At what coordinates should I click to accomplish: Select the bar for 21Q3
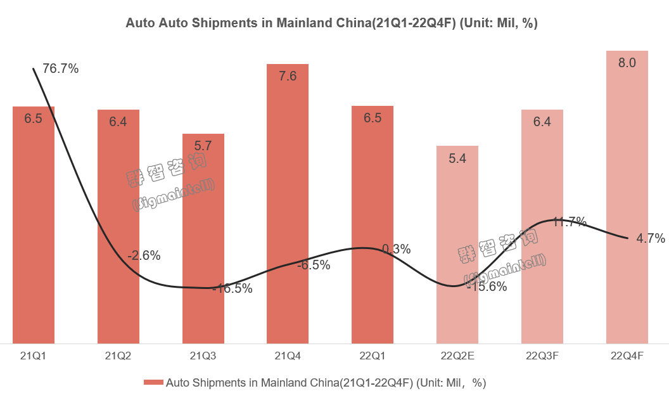(203, 241)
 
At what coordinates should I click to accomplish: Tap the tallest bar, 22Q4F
(627, 196)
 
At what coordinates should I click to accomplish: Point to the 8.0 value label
(627, 63)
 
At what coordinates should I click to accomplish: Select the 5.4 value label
(457, 158)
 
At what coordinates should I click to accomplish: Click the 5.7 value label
(203, 146)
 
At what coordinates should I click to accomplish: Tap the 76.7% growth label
(61, 68)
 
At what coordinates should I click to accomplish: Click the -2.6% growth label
(144, 256)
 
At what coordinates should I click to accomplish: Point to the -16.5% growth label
(231, 288)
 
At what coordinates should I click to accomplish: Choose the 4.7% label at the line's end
(651, 238)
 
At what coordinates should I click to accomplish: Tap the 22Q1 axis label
(373, 356)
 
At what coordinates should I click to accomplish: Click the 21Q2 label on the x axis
(118, 356)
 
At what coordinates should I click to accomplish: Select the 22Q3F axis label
(542, 356)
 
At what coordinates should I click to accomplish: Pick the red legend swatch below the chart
(153, 382)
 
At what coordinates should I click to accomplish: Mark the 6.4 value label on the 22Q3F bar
(542, 122)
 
